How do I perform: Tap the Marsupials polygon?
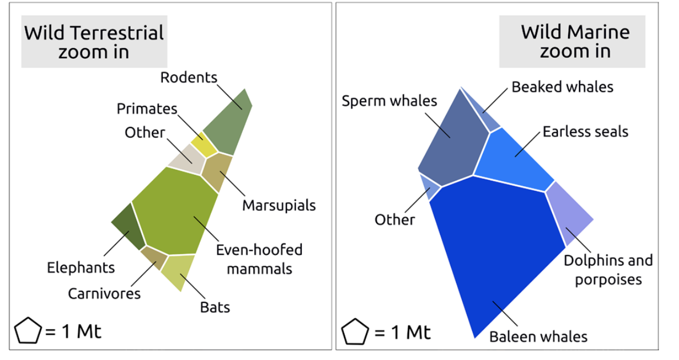click(x=217, y=171)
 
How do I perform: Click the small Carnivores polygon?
click(x=153, y=258)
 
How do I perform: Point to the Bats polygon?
click(x=177, y=272)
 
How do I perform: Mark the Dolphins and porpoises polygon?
click(x=569, y=217)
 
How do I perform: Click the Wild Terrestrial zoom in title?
click(x=94, y=42)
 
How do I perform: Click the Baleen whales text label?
click(x=538, y=336)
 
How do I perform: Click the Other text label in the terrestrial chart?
click(x=145, y=133)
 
